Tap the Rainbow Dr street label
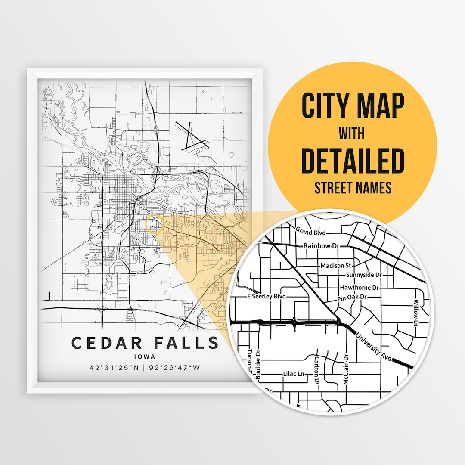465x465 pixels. point(322,246)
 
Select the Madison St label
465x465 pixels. point(336,266)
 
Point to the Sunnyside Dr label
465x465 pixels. point(364,275)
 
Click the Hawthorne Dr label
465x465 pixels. point(359,287)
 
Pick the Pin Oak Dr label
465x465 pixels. point(352,297)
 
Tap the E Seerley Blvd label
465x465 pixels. point(267,297)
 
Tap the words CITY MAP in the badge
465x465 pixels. point(353,106)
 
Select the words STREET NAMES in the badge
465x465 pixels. point(353,188)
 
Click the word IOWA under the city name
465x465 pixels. point(145,357)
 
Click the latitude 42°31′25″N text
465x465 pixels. point(114,368)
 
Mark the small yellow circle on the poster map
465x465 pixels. point(155,224)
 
